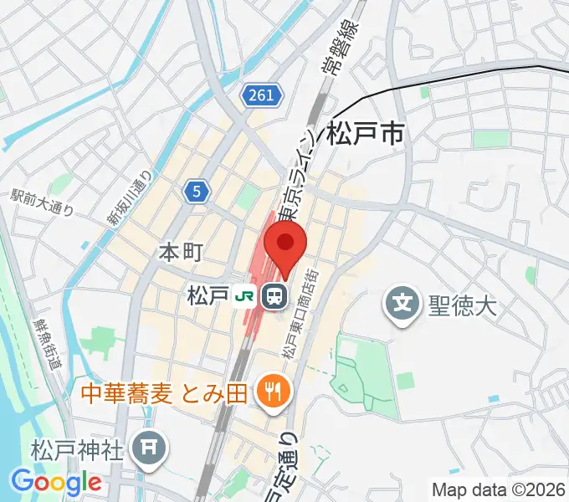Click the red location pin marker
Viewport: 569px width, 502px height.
(x=285, y=247)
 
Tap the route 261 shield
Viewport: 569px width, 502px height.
(x=261, y=96)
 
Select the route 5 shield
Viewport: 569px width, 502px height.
(x=196, y=192)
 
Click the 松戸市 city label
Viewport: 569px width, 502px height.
(x=366, y=133)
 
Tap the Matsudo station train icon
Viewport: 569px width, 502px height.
(x=273, y=296)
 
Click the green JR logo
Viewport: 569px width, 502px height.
(x=245, y=295)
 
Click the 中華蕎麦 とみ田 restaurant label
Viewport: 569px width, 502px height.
(x=164, y=391)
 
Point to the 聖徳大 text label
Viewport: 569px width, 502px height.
(x=463, y=302)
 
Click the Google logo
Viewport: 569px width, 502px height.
(x=56, y=482)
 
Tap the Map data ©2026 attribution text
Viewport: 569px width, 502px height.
(x=498, y=489)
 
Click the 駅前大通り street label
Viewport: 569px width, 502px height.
(x=42, y=204)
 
